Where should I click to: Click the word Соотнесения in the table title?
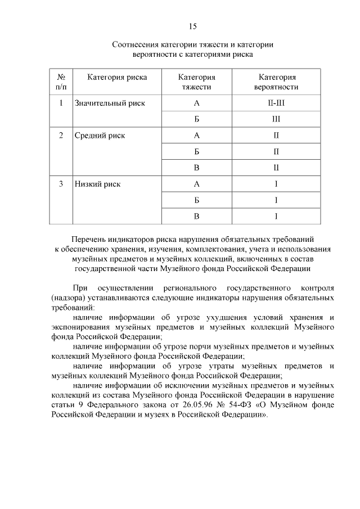click(x=134, y=44)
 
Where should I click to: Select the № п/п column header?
click(x=61, y=82)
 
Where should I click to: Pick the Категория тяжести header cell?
click(x=197, y=82)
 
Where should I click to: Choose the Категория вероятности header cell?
click(x=277, y=82)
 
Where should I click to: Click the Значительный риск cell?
click(x=110, y=103)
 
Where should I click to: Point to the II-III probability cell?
click(x=277, y=103)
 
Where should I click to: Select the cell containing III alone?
click(x=277, y=119)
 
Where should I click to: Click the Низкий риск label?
click(x=98, y=184)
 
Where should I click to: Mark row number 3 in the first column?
click(x=61, y=184)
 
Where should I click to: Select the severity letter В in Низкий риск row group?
click(x=197, y=216)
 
